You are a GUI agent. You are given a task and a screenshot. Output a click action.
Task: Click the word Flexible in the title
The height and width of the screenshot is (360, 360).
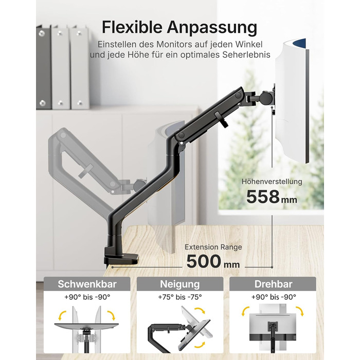click(133, 27)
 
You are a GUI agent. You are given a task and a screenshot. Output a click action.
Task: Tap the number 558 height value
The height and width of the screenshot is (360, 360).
click(263, 197)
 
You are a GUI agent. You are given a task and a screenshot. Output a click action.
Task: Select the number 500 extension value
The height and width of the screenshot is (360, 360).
click(203, 261)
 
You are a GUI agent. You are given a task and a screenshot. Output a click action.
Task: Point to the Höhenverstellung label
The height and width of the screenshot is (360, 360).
click(272, 182)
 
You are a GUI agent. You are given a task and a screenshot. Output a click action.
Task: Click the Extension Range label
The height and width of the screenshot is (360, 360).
click(213, 247)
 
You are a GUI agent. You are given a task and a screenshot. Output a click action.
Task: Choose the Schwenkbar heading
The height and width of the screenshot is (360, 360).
click(87, 284)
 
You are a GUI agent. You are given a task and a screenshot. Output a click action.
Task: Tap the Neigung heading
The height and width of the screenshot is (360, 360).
click(180, 284)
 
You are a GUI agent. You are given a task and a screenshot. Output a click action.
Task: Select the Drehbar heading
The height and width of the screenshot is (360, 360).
click(273, 284)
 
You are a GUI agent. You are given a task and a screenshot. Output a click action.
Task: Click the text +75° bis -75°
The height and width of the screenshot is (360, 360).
click(180, 297)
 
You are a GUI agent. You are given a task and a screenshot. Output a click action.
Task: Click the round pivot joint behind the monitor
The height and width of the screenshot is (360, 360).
click(267, 98)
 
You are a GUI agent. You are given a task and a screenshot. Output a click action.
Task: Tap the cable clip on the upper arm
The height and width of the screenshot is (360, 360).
click(221, 119)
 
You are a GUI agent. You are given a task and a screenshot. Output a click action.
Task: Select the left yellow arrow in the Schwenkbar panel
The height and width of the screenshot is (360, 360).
click(62, 315)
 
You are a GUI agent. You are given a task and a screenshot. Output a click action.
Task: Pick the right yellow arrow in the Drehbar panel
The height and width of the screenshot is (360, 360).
click(300, 311)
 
